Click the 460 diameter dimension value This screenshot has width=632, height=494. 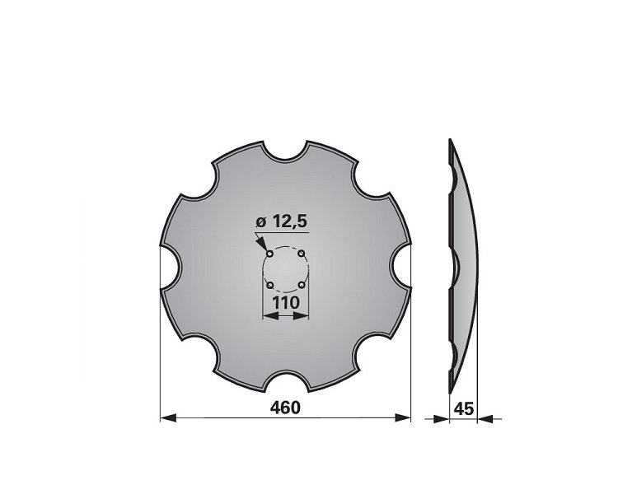[285, 408]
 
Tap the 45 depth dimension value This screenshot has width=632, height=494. [463, 409]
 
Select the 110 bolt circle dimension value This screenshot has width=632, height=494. [286, 303]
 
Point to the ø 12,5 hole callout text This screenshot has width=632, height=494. [282, 221]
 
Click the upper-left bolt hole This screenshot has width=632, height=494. [270, 254]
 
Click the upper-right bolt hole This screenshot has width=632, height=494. [302, 254]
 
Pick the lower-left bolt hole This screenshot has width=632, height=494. [270, 285]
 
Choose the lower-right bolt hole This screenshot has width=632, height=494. [302, 285]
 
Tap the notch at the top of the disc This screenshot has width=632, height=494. [285, 151]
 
